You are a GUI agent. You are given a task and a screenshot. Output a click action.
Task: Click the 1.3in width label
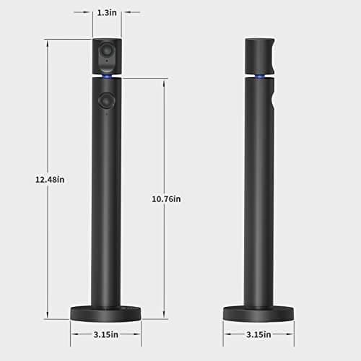click(x=106, y=12)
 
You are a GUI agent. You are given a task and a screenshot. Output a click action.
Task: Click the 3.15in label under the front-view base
click(x=106, y=334)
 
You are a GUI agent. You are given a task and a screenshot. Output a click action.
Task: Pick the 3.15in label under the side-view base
click(x=258, y=334)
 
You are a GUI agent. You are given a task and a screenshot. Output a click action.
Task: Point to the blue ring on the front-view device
click(x=107, y=75)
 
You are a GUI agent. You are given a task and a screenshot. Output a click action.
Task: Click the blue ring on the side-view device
click(x=259, y=75)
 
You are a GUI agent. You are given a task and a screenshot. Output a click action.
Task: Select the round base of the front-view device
click(x=106, y=313)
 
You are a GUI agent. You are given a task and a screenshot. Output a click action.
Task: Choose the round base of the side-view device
click(x=258, y=313)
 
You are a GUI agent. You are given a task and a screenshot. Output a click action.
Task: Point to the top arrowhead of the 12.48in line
click(x=46, y=41)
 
